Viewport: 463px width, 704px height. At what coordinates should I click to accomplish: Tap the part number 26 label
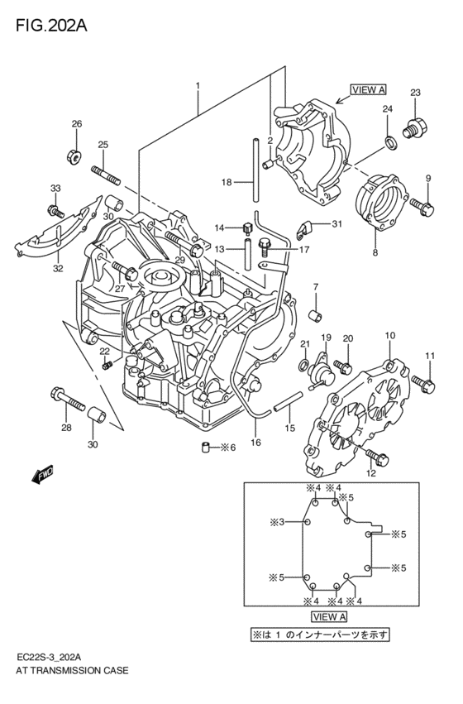point(76,124)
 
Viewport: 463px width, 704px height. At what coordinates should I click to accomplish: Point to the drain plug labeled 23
point(413,127)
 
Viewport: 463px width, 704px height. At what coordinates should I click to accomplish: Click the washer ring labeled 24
point(389,146)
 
